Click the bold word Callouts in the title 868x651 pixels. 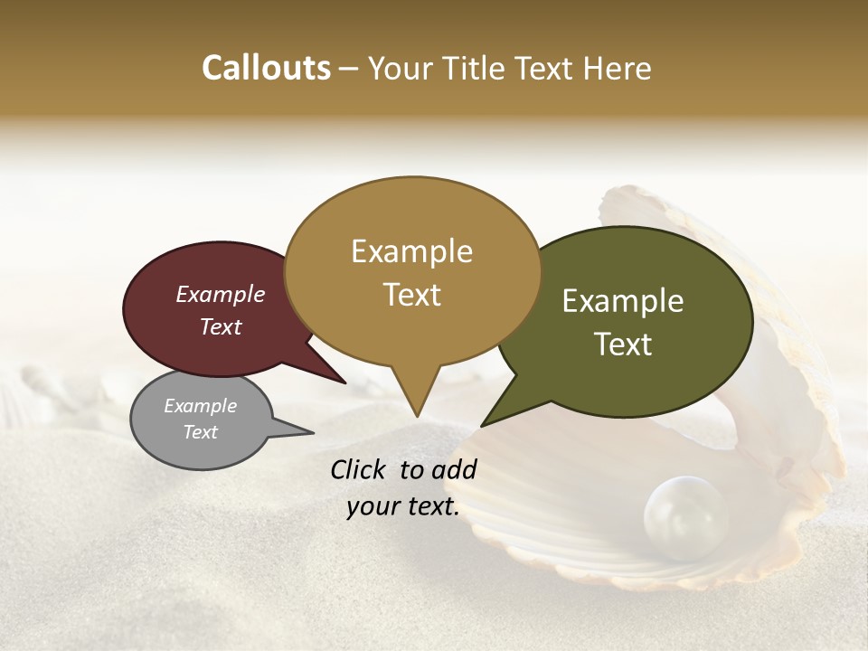pyautogui.click(x=266, y=68)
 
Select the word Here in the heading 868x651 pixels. pyautogui.click(x=618, y=69)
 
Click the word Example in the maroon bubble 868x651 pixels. pyautogui.click(x=221, y=294)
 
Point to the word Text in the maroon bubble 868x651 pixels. pyautogui.click(x=221, y=326)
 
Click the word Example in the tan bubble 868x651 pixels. pyautogui.click(x=411, y=251)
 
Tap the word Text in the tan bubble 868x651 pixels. pyautogui.click(x=411, y=295)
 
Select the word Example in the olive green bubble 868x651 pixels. pyautogui.click(x=623, y=301)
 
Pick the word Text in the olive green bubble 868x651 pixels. pyautogui.click(x=623, y=344)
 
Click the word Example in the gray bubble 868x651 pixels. pyautogui.click(x=200, y=406)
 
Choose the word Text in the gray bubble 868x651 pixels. pyautogui.click(x=200, y=432)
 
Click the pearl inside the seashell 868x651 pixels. pyautogui.click(x=684, y=516)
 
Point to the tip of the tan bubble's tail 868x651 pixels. pyautogui.click(x=417, y=417)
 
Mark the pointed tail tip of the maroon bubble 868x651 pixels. pyautogui.click(x=346, y=383)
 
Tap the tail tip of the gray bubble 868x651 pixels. pyautogui.click(x=314, y=433)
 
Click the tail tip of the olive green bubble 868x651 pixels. pyautogui.click(x=482, y=426)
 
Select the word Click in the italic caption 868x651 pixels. pyautogui.click(x=360, y=469)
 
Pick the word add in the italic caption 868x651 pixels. pyautogui.click(x=455, y=469)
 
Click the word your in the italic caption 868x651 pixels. pyautogui.click(x=371, y=507)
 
